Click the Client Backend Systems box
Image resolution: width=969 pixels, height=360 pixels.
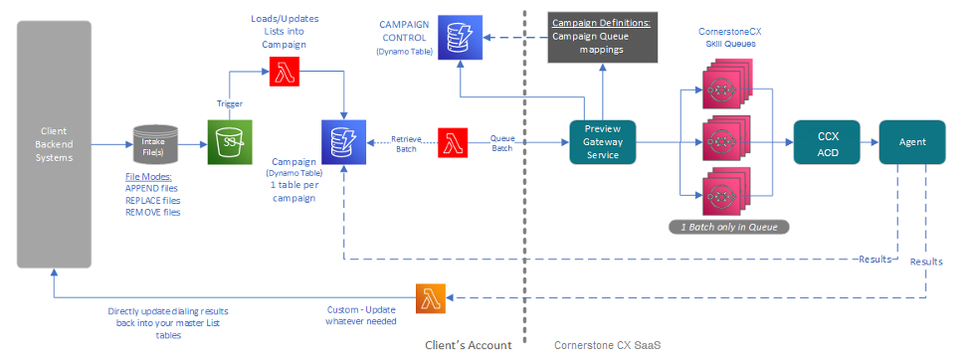click(x=54, y=144)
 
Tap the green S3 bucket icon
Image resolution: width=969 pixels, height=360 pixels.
click(x=226, y=142)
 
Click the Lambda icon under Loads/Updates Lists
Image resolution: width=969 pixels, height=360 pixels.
click(x=285, y=73)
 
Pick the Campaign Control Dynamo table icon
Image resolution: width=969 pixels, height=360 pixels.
click(x=461, y=38)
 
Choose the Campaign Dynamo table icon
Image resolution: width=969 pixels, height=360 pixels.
click(x=343, y=142)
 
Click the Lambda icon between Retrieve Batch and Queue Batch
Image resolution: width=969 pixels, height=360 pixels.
click(x=454, y=142)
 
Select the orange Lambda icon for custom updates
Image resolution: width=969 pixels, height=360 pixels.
click(x=432, y=299)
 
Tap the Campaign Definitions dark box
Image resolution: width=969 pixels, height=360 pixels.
click(x=603, y=38)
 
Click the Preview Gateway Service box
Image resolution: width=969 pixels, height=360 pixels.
click(x=603, y=142)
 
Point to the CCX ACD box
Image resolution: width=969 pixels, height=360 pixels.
click(x=827, y=142)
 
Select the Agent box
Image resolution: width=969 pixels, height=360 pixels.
click(x=912, y=142)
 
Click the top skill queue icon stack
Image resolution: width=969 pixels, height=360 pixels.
click(x=727, y=84)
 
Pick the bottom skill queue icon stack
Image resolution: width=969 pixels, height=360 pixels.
click(x=727, y=192)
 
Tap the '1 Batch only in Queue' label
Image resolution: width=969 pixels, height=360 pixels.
click(x=730, y=228)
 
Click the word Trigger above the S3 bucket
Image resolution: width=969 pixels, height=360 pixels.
click(x=231, y=103)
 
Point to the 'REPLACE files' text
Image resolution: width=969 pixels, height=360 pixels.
click(x=153, y=200)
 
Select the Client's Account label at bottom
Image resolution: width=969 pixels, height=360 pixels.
click(x=469, y=345)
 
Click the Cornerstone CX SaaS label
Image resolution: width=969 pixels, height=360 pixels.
click(x=608, y=345)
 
